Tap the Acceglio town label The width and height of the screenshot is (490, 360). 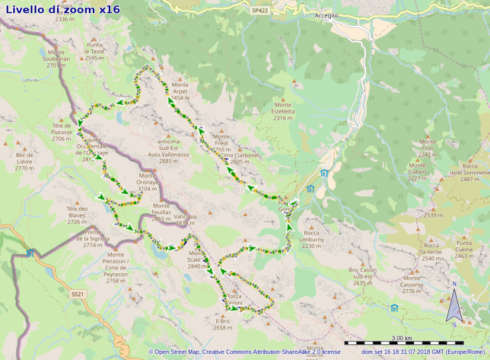[x=326, y=15]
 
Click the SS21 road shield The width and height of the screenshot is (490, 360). [x=77, y=294]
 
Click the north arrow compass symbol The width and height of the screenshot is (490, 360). [x=454, y=307]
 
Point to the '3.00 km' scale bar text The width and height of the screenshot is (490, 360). [x=402, y=338]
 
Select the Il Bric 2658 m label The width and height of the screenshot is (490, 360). [x=222, y=324]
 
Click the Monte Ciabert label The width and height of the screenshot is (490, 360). [x=417, y=171]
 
